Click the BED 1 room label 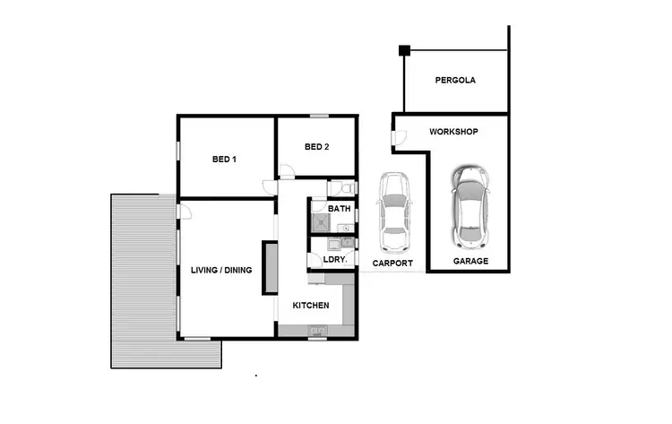pos(224,160)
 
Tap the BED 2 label pos(317,147)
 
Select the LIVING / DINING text pos(221,270)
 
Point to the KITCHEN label pos(311,306)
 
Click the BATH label pos(340,209)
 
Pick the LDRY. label pos(334,260)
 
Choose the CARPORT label pos(392,263)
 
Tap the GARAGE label pos(470,261)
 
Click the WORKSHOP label pos(453,132)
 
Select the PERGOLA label pos(455,80)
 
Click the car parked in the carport pos(393,212)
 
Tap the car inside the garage pos(470,206)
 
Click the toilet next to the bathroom pos(346,189)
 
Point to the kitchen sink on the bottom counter pos(317,332)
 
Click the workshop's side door pos(395,137)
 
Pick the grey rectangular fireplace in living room pos(268,267)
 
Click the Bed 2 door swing pos(286,171)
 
